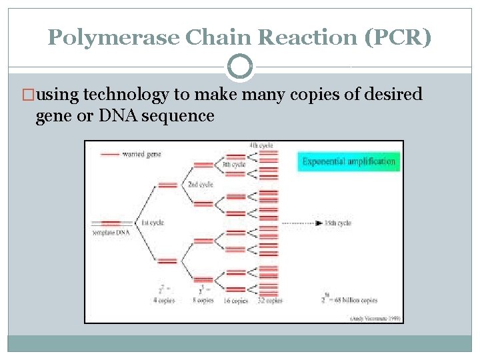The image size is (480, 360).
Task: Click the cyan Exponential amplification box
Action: pyautogui.click(x=348, y=161)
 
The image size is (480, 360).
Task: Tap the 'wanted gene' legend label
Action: pyautogui.click(x=141, y=155)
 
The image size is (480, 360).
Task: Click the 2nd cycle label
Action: pyautogui.click(x=200, y=185)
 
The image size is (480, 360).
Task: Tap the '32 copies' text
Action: pyautogui.click(x=270, y=301)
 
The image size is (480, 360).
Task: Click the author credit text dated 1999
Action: pyautogui.click(x=377, y=318)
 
